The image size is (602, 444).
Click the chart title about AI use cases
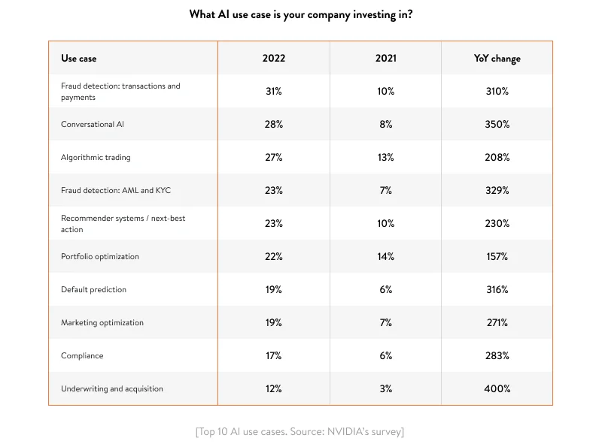pos(301,14)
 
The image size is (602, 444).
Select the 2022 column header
pos(274,58)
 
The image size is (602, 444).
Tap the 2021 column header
pos(385,58)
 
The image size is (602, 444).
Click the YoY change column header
pos(497,58)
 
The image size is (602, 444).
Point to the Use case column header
pos(79,58)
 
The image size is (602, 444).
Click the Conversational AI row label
pos(93,124)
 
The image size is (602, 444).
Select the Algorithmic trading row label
pos(96,157)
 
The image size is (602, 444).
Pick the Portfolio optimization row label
pos(100,256)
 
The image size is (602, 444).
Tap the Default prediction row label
pos(93,289)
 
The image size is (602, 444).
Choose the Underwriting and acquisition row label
pos(112,388)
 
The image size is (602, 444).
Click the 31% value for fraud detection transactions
pos(274,91)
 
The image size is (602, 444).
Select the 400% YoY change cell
pos(497,388)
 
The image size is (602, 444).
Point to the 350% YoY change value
pos(497,124)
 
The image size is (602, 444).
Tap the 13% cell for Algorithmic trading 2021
pos(385,157)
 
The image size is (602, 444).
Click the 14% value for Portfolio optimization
pos(385,256)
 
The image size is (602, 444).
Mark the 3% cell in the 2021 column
pos(385,388)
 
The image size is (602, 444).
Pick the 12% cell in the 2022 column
pos(274,388)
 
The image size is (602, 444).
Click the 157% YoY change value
pos(497,256)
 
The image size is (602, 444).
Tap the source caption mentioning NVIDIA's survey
pos(300,431)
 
